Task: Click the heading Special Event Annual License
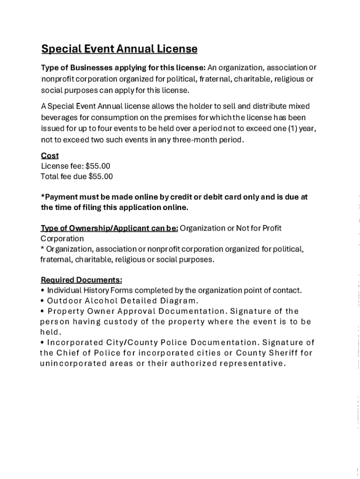[119, 49]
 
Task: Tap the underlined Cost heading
[50, 156]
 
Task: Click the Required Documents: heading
[81, 280]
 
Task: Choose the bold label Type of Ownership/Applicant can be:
[109, 228]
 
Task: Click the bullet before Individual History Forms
[43, 290]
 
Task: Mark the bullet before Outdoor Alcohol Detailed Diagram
[43, 301]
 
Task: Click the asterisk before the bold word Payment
[43, 197]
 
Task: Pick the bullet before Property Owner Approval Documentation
[43, 312]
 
